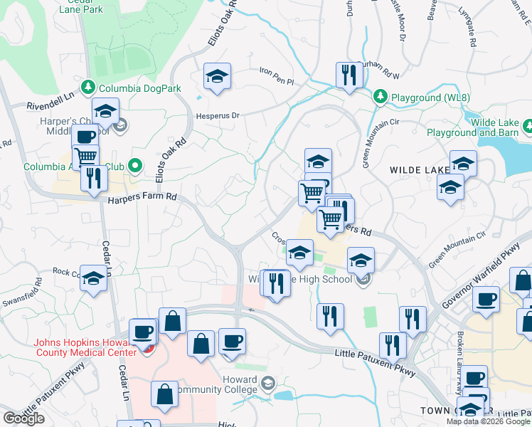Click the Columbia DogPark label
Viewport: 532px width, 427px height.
[x=140, y=88]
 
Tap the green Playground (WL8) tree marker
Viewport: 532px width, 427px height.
[x=381, y=96]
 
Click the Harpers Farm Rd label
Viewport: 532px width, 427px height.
[x=142, y=201]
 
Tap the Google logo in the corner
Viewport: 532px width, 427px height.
[x=23, y=418]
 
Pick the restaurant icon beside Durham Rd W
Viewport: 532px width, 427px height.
[x=349, y=76]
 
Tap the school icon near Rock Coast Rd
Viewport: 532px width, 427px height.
[x=93, y=279]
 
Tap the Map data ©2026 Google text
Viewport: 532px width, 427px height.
[x=488, y=421]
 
